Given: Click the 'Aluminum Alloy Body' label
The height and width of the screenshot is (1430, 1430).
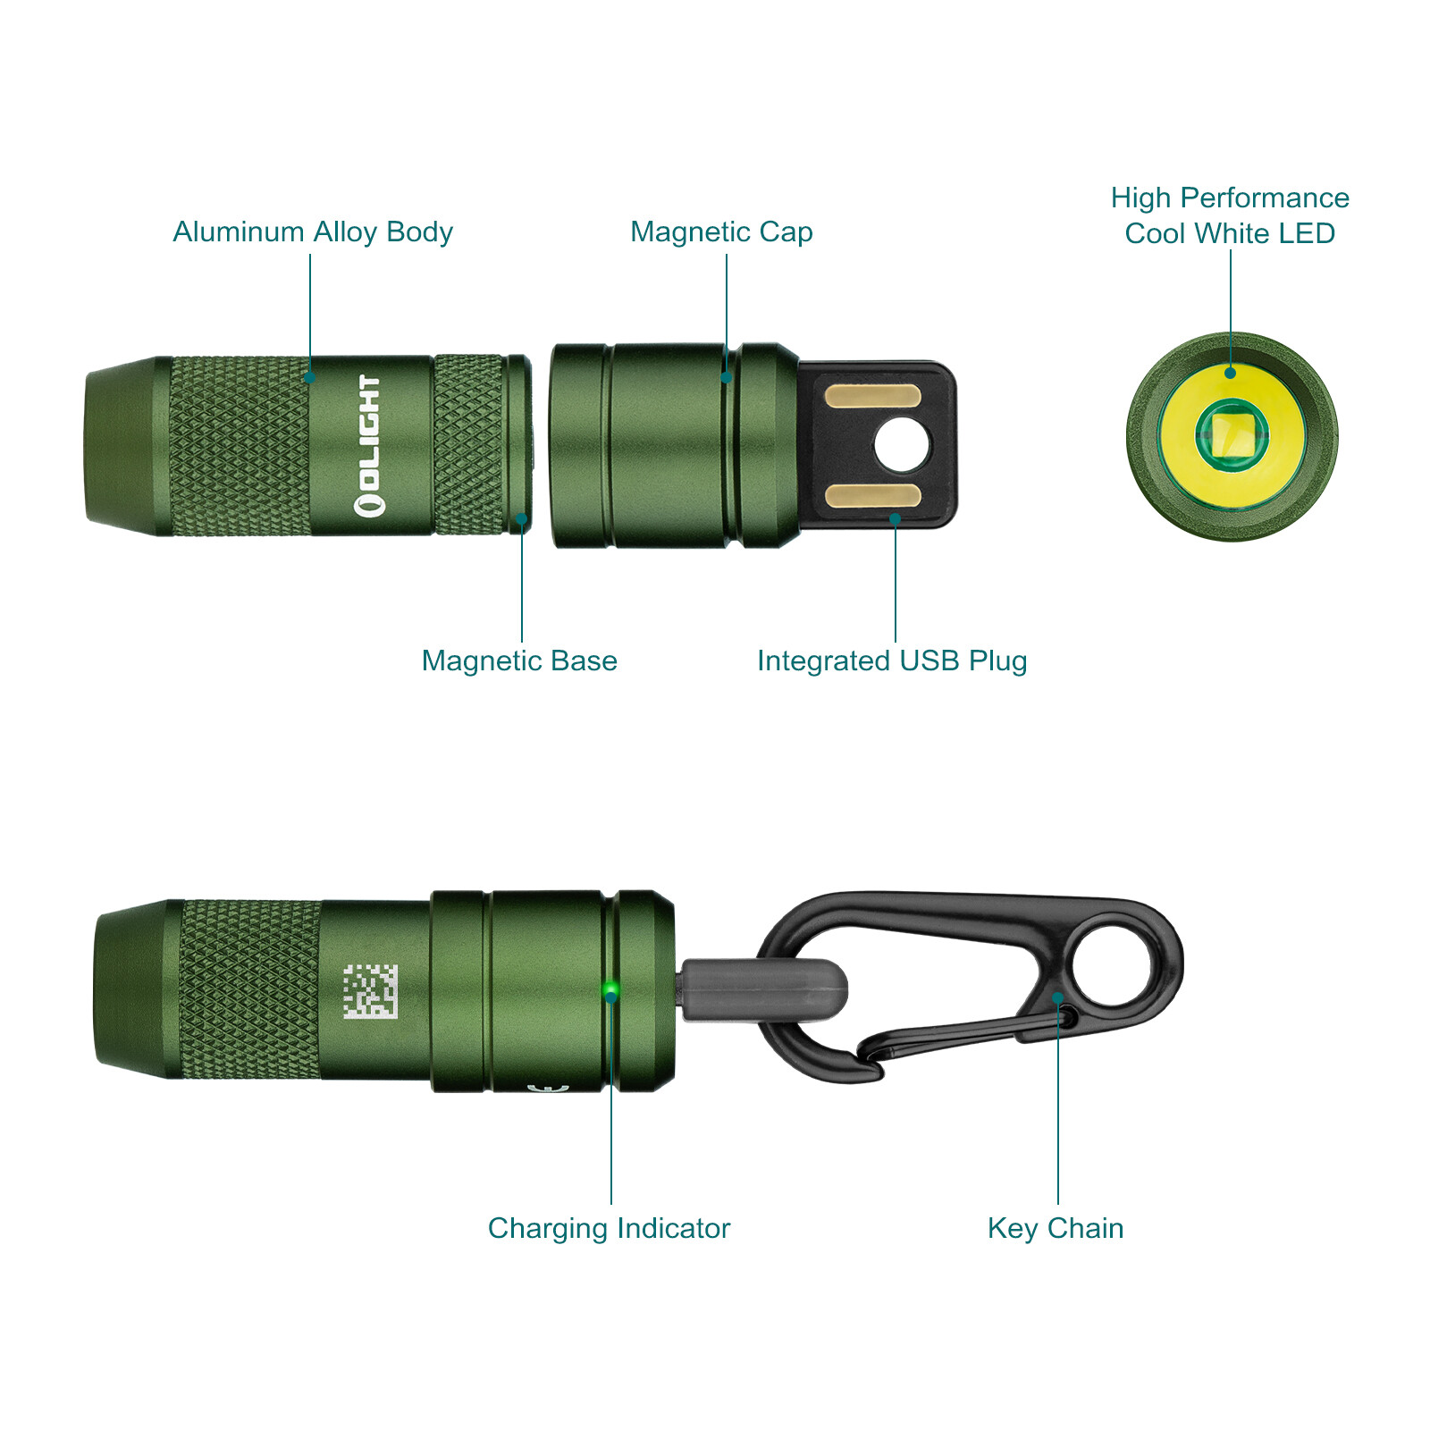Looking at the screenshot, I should pos(313,231).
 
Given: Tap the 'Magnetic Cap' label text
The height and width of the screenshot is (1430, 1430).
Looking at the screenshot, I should pos(721,231).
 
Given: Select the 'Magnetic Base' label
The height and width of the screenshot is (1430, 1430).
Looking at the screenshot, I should pos(519,660).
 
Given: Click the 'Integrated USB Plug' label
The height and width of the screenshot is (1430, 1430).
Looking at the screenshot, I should pos(892,660).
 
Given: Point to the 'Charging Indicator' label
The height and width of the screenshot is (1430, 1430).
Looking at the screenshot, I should pos(609,1228).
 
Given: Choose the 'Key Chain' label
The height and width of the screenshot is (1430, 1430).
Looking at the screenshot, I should pos(1056,1228).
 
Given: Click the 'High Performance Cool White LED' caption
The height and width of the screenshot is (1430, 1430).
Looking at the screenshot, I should pos(1230,215).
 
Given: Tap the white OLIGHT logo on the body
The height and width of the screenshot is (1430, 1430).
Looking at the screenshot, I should pos(369,445).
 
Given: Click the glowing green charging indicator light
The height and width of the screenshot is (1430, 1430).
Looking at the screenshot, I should pos(611,989).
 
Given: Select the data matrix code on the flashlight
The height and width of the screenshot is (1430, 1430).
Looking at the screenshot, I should pos(370,991).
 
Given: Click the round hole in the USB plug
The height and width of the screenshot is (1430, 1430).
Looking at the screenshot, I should pos(903,445).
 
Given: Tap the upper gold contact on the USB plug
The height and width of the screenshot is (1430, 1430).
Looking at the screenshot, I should pos(872,396).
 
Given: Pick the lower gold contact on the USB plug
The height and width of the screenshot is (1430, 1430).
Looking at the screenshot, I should pos(872,496).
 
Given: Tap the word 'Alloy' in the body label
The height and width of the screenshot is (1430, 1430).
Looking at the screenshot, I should pos(345,231).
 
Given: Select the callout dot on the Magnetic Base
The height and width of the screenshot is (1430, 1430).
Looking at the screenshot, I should pos(522,518).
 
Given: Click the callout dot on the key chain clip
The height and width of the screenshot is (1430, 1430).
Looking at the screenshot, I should pos(1058,997).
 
